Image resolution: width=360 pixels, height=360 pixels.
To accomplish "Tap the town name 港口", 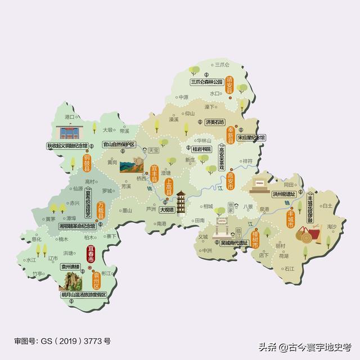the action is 70,116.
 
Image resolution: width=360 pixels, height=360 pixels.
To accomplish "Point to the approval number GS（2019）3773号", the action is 62,341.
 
